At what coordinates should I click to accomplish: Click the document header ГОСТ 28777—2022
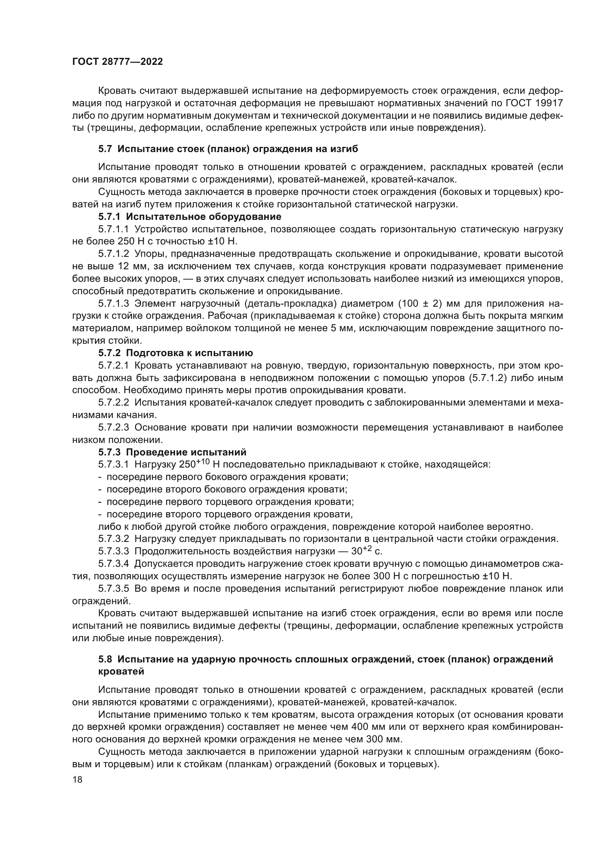pos(117,62)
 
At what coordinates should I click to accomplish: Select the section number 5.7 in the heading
pos(105,149)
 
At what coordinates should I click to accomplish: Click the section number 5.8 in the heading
pos(105,659)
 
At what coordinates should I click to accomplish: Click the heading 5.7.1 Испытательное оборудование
pos(189,217)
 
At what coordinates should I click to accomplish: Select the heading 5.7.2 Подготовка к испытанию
pos(176,353)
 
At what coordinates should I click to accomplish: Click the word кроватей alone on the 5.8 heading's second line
pos(121,672)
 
